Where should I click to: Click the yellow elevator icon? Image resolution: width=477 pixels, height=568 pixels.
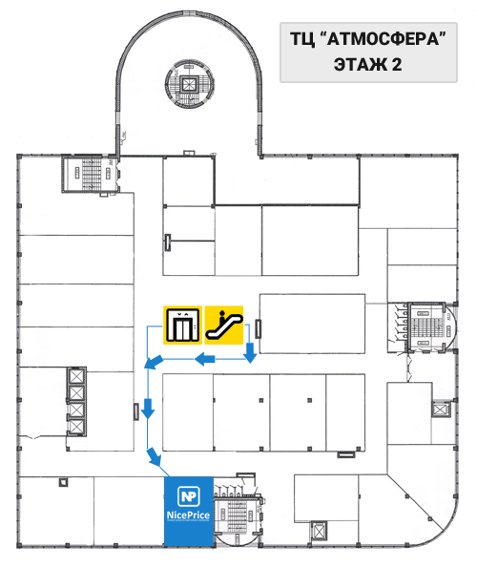[182, 325]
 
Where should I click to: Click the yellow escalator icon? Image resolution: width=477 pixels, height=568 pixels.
[224, 325]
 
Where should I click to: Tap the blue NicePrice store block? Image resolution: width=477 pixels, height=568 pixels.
[189, 512]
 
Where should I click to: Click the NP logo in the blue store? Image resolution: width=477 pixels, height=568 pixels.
[189, 496]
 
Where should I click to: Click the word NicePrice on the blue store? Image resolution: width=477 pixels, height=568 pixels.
[188, 515]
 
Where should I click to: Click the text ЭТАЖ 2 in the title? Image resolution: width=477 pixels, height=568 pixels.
[367, 65]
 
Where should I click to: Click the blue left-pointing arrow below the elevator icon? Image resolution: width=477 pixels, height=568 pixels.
[205, 359]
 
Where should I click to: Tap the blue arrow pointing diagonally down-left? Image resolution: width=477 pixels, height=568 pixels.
[154, 362]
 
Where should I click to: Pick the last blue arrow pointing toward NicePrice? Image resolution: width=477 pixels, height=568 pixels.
[155, 456]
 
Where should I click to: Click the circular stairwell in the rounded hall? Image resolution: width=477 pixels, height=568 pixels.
[189, 84]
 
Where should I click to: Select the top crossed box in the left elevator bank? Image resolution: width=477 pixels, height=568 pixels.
[76, 376]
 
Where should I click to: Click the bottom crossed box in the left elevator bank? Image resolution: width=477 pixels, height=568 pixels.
[76, 427]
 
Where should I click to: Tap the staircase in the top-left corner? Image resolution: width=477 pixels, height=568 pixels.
[92, 174]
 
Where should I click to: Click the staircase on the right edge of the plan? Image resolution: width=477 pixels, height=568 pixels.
[427, 326]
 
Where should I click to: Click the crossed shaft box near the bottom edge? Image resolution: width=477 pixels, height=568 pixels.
[319, 532]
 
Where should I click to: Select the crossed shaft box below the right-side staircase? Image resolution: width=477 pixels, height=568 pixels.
[441, 410]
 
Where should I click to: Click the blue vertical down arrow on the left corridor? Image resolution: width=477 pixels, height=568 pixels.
[148, 409]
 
